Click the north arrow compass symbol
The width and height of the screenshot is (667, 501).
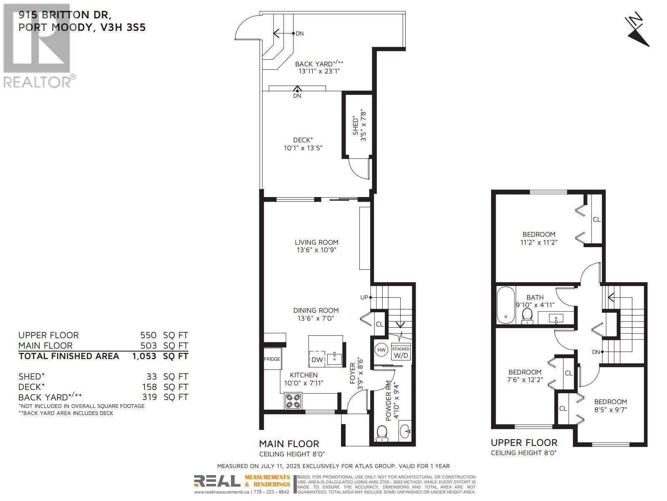(x=638, y=31)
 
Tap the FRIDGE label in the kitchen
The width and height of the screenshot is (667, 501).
(x=272, y=359)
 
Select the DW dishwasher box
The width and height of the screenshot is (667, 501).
(x=317, y=359)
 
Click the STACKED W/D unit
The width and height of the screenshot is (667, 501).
(x=401, y=353)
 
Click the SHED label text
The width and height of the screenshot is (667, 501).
(x=356, y=125)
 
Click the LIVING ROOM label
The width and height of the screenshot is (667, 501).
(x=316, y=242)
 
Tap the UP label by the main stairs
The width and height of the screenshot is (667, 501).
(x=364, y=297)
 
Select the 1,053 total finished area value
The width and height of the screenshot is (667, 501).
(x=144, y=356)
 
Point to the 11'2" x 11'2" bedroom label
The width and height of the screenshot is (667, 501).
(x=539, y=242)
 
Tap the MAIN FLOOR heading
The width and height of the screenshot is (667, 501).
(x=289, y=444)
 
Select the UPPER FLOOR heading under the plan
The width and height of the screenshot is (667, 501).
(x=524, y=443)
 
